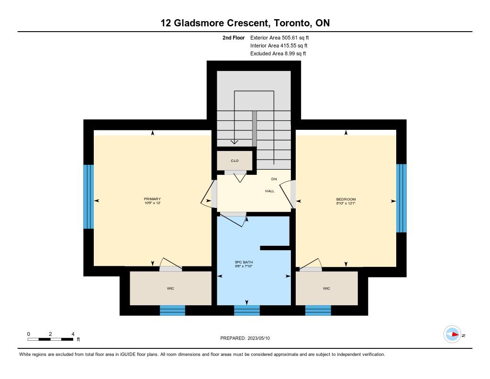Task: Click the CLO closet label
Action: point(234,161)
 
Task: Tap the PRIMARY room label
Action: point(152,199)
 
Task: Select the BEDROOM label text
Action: point(346,199)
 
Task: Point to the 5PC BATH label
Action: point(244,262)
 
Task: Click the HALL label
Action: point(270,191)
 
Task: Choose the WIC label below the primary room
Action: point(170,288)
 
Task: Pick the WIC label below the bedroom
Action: point(326,288)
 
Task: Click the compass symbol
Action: point(452,334)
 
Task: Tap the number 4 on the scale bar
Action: point(73,334)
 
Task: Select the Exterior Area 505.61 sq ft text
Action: point(279,37)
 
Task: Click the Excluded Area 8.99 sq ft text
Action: point(278,54)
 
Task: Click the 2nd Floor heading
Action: point(234,37)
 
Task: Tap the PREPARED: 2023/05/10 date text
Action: point(245,338)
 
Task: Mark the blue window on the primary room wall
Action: point(89,196)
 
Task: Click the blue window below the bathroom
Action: point(247,310)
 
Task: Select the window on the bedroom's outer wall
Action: point(401,198)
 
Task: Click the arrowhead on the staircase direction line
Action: point(234,142)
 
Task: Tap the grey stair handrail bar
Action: point(255,128)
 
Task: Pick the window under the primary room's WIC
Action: point(172,310)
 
